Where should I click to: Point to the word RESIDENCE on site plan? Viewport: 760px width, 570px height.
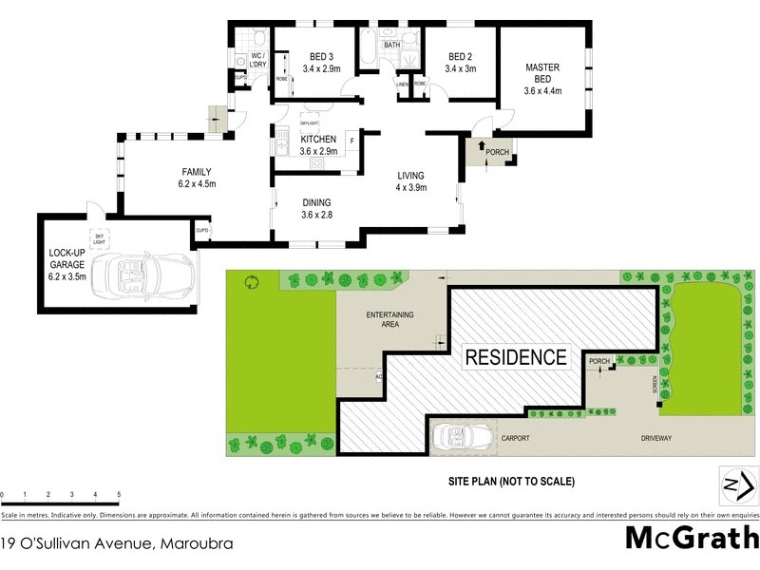coord(516,358)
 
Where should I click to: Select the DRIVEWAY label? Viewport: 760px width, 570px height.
coord(655,438)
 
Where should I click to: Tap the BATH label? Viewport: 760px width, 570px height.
coord(391,45)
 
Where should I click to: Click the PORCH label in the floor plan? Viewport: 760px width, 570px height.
coord(496,152)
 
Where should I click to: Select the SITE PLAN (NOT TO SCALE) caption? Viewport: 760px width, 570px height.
coord(511,482)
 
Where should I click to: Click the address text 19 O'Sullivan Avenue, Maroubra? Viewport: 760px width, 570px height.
coord(117,544)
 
